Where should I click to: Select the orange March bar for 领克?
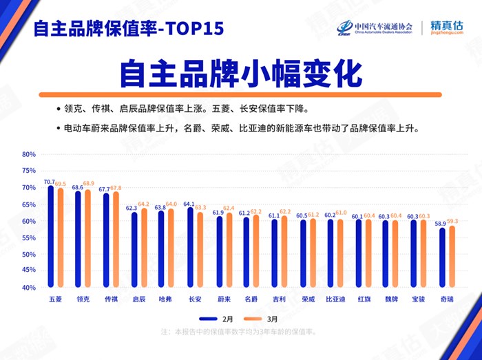[x=87, y=239]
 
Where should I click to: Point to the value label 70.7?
[x=49, y=182]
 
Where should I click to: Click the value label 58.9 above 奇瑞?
[x=442, y=222]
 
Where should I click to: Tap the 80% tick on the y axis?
[x=28, y=154]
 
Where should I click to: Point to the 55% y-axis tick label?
[x=28, y=237]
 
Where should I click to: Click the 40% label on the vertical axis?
[x=28, y=288]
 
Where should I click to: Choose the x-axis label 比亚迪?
[x=335, y=299]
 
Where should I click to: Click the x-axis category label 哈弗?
[x=166, y=299]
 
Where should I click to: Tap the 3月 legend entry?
[x=264, y=319]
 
